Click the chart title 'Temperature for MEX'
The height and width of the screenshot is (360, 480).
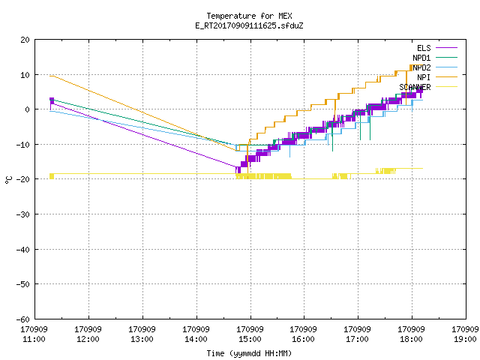point(249,16)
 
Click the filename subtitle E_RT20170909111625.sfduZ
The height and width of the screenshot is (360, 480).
point(249,25)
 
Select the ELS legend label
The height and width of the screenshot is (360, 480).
point(424,48)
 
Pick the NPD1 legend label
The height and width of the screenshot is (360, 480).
point(421,58)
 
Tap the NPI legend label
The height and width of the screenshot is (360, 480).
point(424,77)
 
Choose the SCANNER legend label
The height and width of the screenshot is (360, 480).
point(415,87)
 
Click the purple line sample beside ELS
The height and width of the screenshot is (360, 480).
point(447,48)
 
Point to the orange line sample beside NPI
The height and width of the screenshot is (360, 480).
point(447,77)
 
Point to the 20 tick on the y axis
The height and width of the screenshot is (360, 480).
point(25,40)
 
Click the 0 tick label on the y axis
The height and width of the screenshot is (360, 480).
point(28,109)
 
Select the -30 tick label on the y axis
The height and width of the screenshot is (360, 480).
point(23,214)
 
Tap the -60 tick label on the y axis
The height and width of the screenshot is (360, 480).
point(23,319)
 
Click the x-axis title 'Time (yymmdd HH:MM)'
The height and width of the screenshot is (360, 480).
point(249,353)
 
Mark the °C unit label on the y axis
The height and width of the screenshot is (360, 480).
point(8,180)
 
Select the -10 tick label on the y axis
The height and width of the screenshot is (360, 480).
point(23,145)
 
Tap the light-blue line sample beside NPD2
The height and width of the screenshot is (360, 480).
point(447,67)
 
